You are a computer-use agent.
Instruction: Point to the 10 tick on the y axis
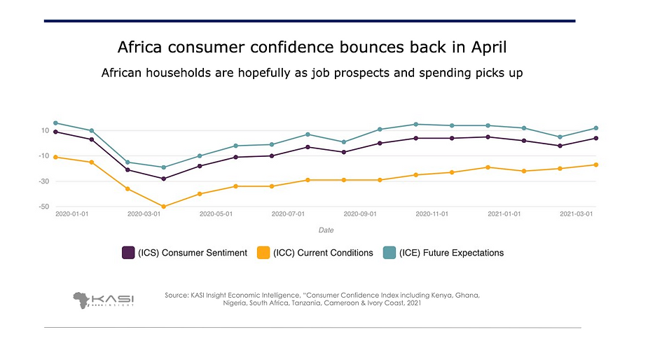[45, 130]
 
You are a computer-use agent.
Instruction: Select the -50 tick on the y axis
[43, 207]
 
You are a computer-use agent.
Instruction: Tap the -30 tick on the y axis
[43, 181]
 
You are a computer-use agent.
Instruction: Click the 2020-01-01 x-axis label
[72, 214]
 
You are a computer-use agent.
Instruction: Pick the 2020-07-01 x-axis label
[289, 214]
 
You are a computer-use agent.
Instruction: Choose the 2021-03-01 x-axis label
[577, 214]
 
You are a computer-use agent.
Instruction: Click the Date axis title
[326, 230]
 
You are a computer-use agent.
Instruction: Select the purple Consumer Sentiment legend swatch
[128, 253]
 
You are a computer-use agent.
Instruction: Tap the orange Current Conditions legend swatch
[263, 253]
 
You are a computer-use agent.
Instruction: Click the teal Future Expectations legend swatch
[389, 253]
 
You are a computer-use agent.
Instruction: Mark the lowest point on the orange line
[164, 207]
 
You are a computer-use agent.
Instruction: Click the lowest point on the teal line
[164, 167]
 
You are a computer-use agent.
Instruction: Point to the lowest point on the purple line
[164, 179]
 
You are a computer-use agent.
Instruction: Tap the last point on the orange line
[595, 165]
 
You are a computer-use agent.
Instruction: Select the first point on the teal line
[55, 123]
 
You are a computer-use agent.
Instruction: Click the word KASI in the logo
[113, 297]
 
